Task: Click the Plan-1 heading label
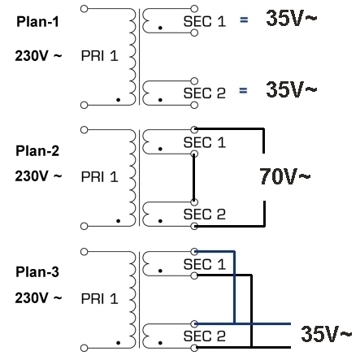(x=37, y=21)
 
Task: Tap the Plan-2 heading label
(x=37, y=150)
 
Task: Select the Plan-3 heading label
(x=37, y=271)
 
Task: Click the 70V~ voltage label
(x=285, y=176)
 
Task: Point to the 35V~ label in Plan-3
(x=326, y=333)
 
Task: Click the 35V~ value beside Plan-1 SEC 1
(x=291, y=18)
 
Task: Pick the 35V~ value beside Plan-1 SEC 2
(x=291, y=89)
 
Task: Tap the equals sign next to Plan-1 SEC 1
(x=244, y=20)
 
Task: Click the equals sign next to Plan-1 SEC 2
(x=243, y=90)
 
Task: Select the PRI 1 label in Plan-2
(x=99, y=177)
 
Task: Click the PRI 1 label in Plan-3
(x=99, y=299)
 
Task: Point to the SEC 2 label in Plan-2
(x=205, y=214)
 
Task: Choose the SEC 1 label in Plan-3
(x=205, y=264)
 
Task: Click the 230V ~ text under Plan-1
(x=38, y=56)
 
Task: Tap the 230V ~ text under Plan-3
(x=38, y=297)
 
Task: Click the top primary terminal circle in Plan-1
(x=85, y=9)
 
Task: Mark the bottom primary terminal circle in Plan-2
(x=85, y=226)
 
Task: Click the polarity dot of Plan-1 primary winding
(x=118, y=100)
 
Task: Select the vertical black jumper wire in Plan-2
(x=193, y=178)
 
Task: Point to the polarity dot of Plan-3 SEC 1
(x=160, y=271)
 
